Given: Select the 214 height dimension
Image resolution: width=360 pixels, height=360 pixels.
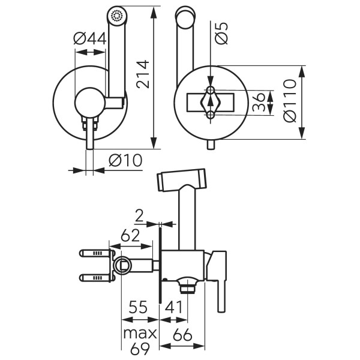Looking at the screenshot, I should pyautogui.click(x=143, y=73).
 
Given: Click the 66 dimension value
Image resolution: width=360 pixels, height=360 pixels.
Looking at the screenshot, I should pyautogui.click(x=183, y=335).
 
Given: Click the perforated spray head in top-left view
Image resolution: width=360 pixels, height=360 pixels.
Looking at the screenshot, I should pyautogui.click(x=116, y=16).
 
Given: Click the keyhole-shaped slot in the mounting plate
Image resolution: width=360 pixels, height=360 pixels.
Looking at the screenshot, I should pyautogui.click(x=211, y=102).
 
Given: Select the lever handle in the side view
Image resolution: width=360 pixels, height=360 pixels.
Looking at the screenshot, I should pyautogui.click(x=221, y=282).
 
